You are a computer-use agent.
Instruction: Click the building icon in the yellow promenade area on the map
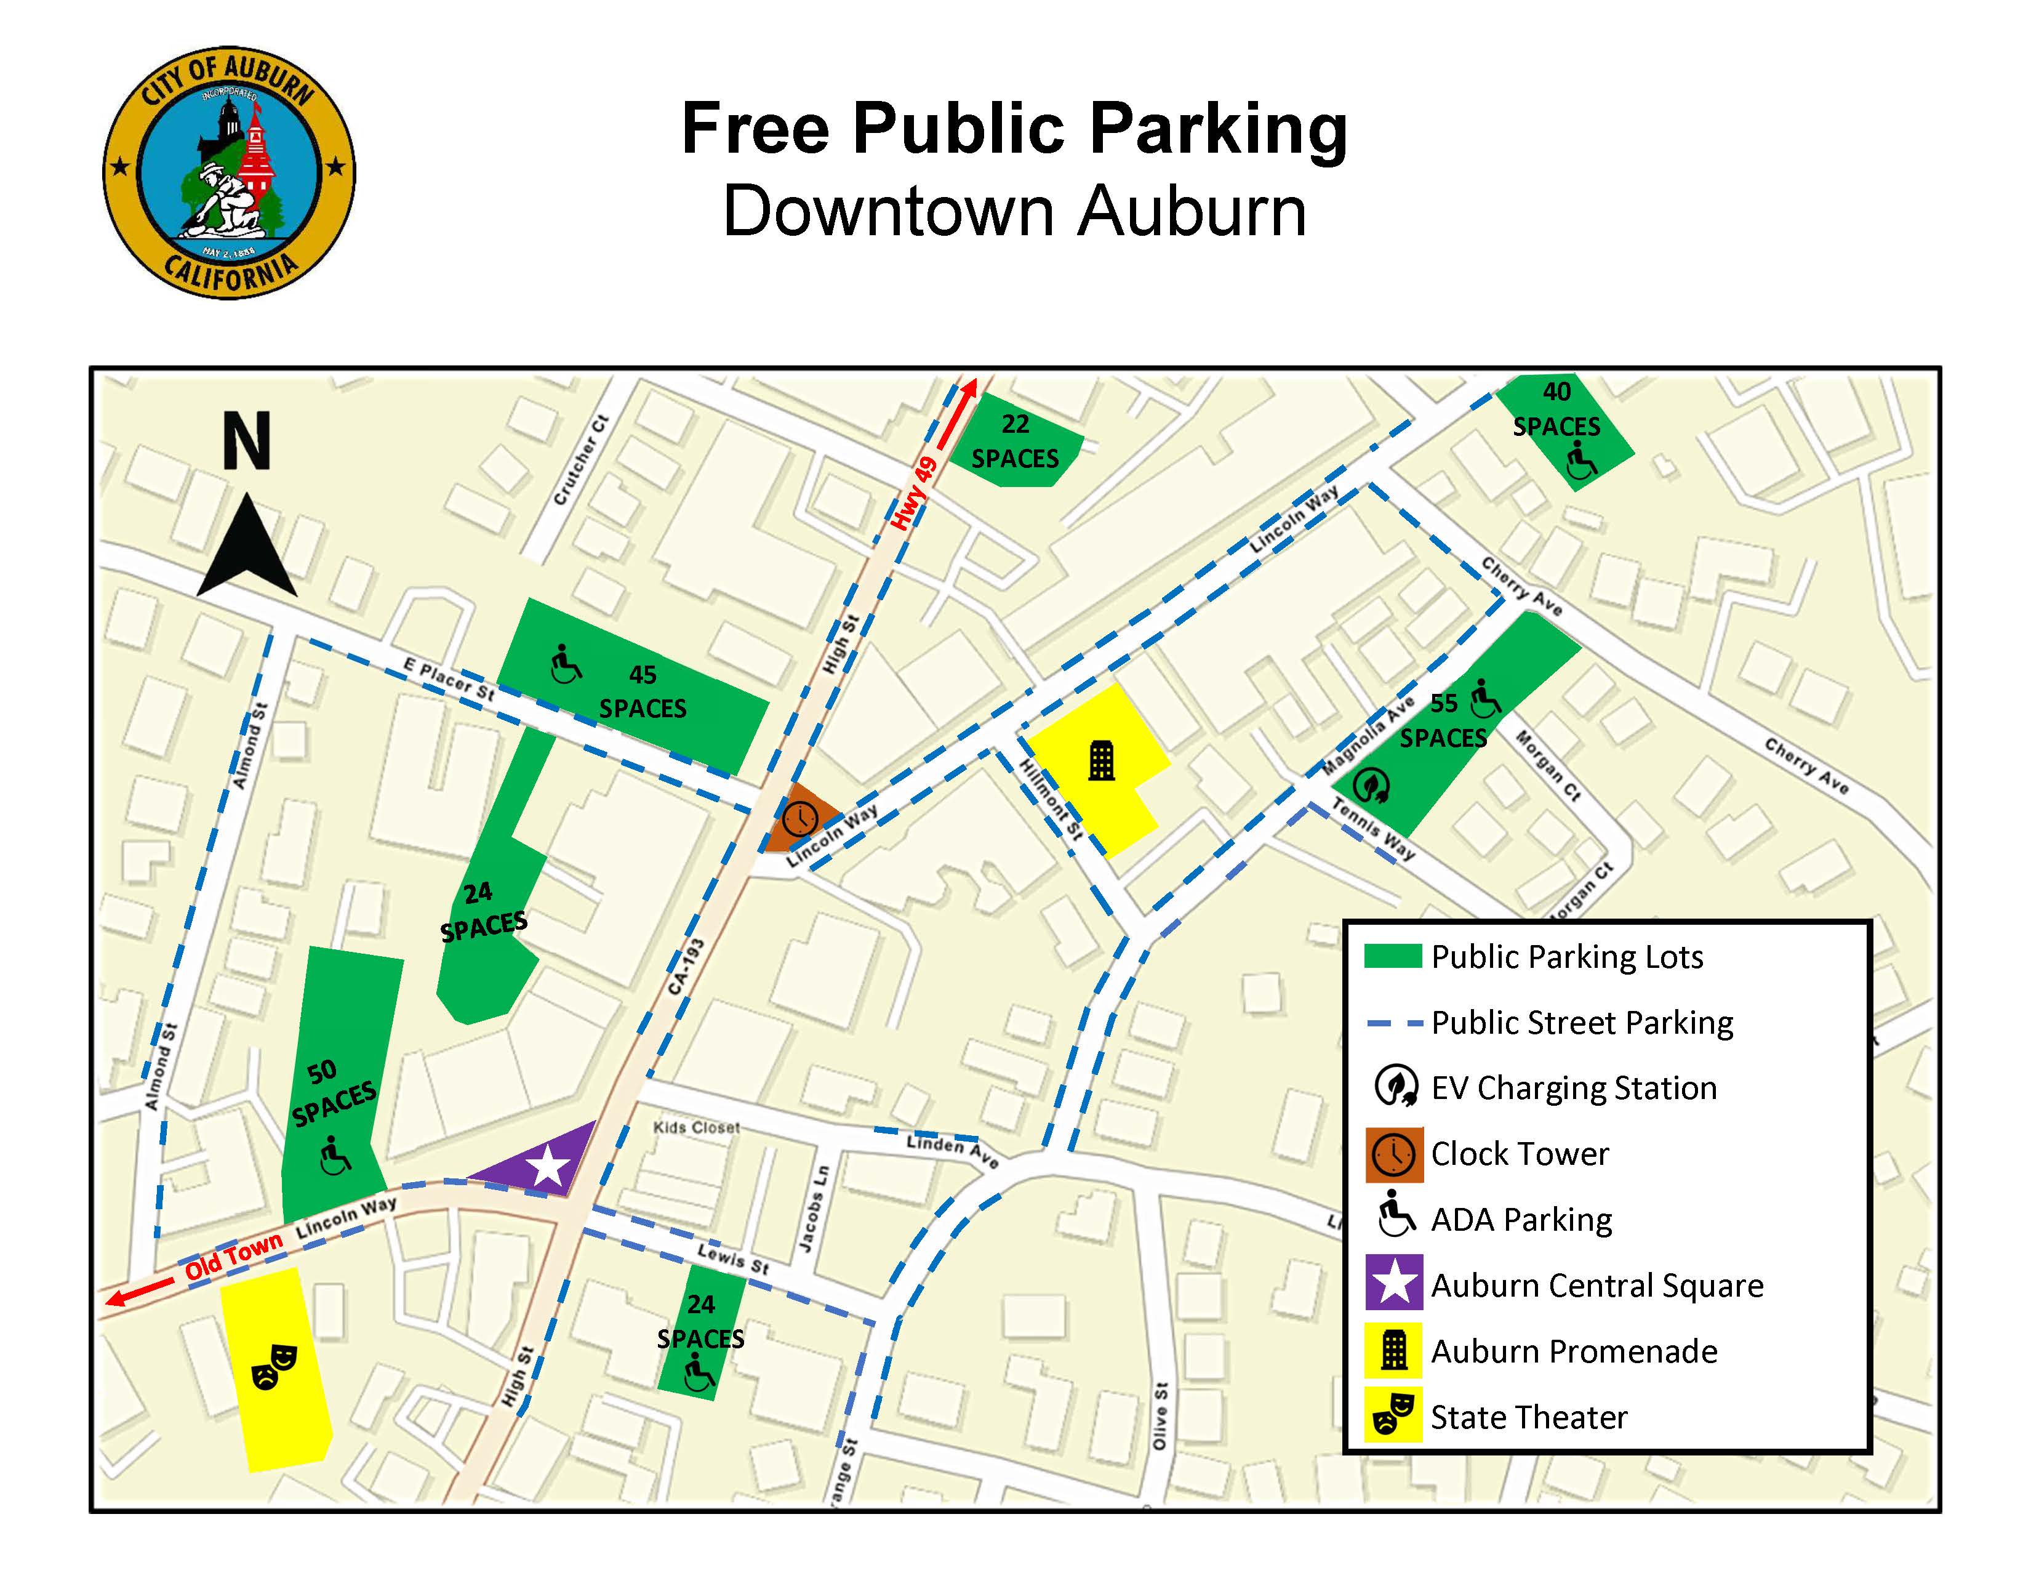(x=1101, y=761)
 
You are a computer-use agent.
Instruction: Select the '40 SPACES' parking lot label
(x=1556, y=409)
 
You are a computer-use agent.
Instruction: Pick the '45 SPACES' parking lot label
(x=643, y=692)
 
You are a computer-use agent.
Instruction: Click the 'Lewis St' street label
(x=733, y=1258)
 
